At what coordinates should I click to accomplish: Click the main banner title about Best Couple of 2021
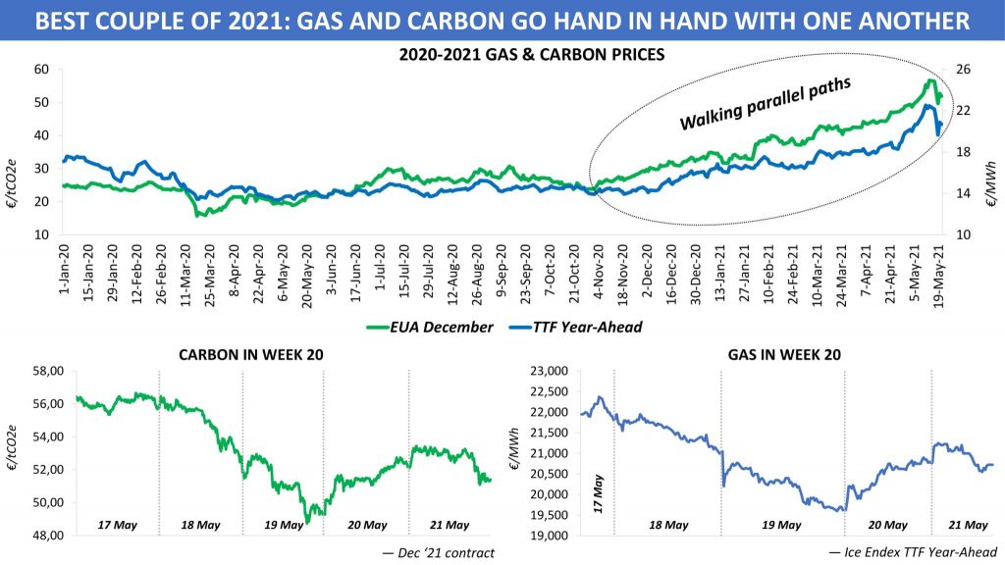click(502, 19)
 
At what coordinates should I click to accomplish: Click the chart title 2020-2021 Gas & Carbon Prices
click(532, 55)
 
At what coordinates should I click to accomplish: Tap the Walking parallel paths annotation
click(765, 104)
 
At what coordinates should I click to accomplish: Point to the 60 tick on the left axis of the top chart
click(41, 69)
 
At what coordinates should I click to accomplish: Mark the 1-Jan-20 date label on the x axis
click(67, 272)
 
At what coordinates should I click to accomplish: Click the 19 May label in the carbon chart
click(284, 525)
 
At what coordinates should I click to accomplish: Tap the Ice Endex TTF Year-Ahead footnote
click(910, 553)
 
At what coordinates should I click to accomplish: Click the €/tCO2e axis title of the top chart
click(14, 152)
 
